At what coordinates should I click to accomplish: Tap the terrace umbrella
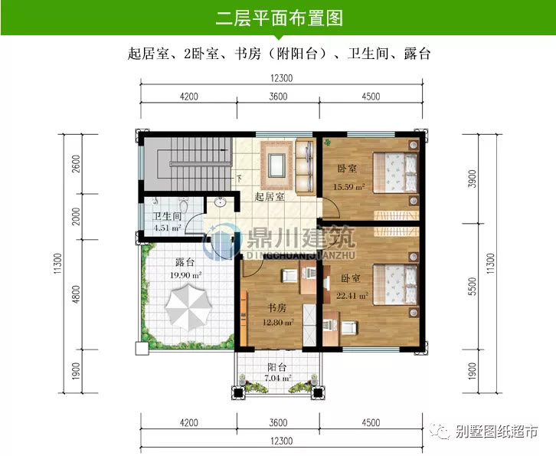pos(186,307)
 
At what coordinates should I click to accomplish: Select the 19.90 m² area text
pos(185,274)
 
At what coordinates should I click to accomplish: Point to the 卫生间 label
pos(167,217)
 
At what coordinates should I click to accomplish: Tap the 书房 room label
pos(277,308)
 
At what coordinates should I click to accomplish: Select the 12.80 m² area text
pos(278,322)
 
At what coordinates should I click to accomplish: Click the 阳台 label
pos(276,366)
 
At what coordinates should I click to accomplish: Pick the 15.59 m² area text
pos(348,186)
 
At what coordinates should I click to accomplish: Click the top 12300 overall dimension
pos(281,77)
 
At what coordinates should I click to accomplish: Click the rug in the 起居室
pos(275,162)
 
